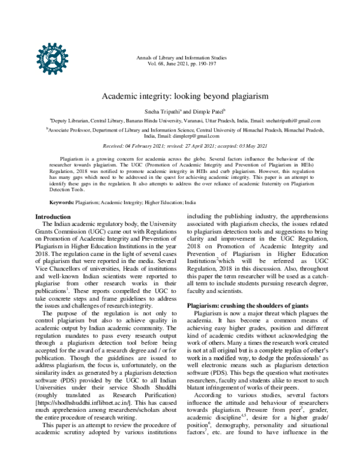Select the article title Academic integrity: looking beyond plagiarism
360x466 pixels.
pos(180,95)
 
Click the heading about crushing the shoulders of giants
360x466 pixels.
pos(249,305)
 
